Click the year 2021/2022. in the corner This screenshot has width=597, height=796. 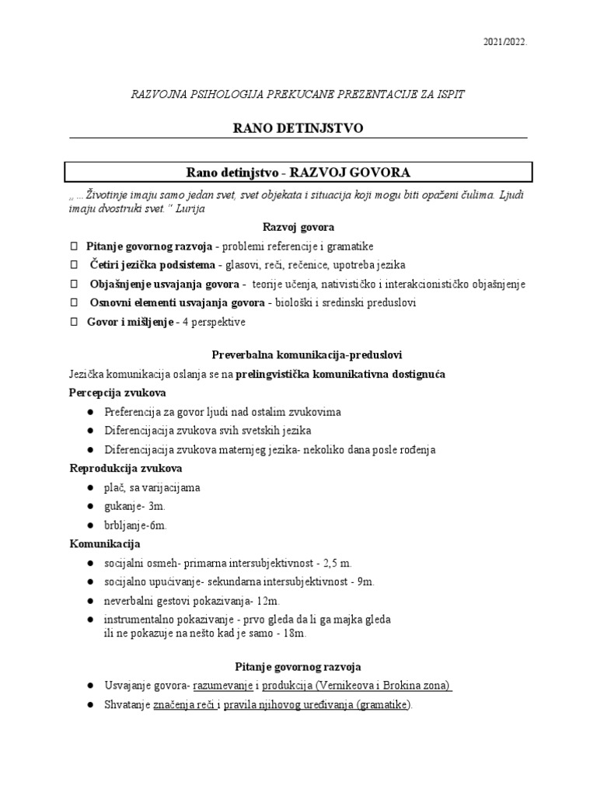(504, 44)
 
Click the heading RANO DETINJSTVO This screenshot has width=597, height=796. (298, 128)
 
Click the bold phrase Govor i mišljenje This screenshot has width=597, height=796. (130, 322)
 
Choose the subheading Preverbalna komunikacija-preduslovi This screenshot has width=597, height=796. (298, 354)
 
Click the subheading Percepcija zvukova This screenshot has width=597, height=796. (117, 393)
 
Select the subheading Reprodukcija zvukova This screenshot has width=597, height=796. (126, 468)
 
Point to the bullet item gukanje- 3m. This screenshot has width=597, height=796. (134, 506)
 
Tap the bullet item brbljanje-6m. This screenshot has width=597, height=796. (136, 525)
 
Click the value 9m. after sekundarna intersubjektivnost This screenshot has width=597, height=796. (362, 581)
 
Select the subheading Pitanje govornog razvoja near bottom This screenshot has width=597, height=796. (298, 666)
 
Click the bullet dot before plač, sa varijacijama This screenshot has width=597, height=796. (91, 487)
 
